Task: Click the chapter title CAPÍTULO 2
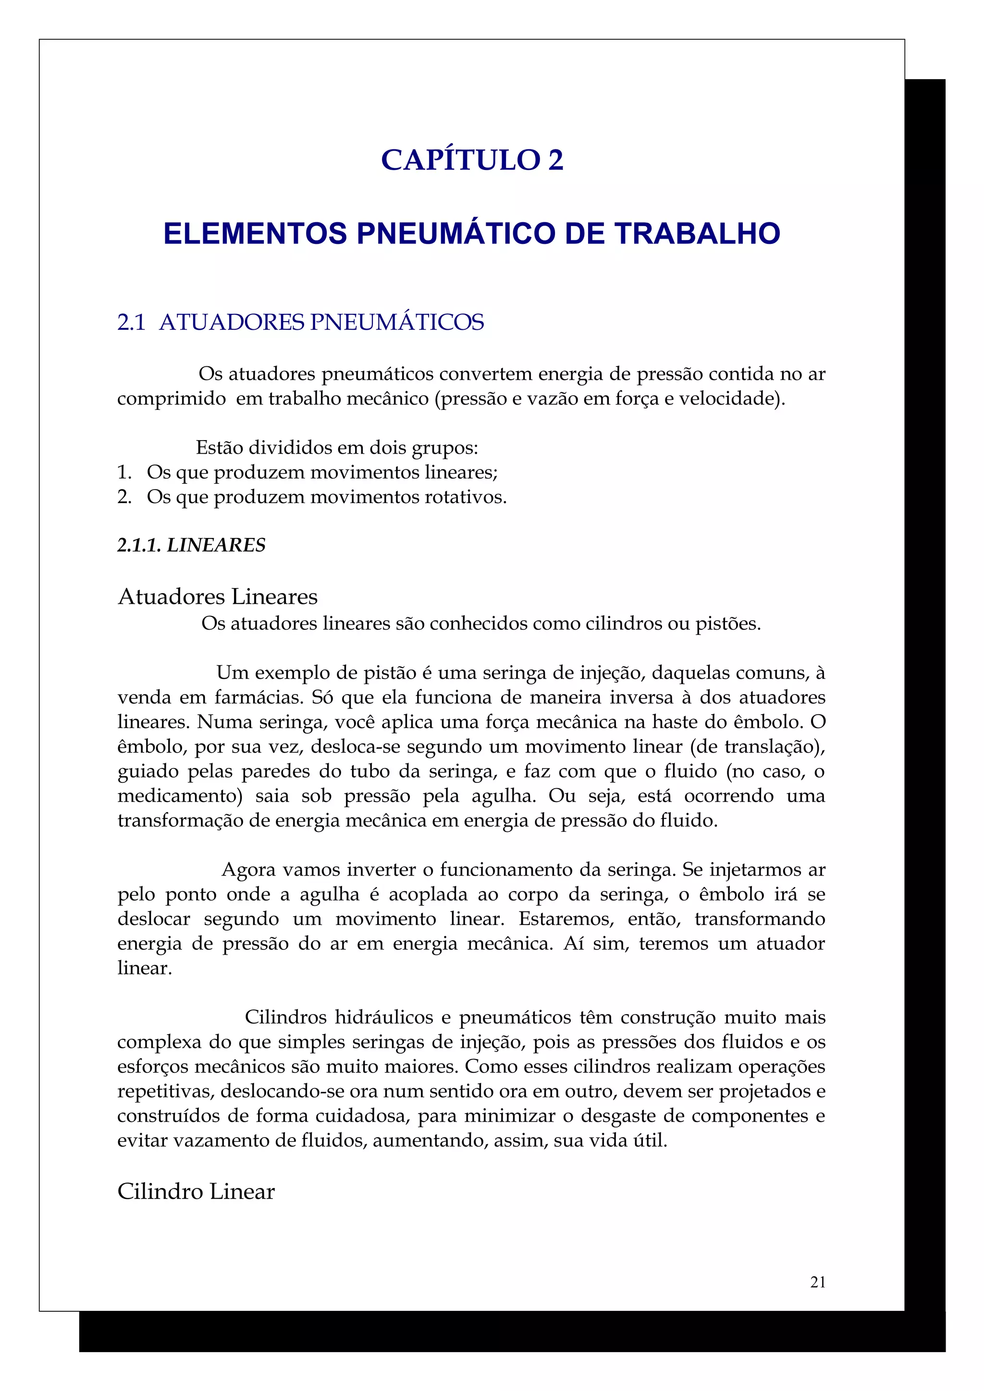click(472, 160)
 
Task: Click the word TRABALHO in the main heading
click(697, 234)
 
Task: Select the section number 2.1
click(131, 322)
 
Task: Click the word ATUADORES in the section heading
click(232, 322)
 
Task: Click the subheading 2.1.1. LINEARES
click(191, 545)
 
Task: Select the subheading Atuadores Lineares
click(217, 597)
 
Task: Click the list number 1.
click(124, 472)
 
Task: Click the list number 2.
click(124, 497)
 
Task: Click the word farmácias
click(258, 697)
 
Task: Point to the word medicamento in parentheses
click(176, 795)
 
